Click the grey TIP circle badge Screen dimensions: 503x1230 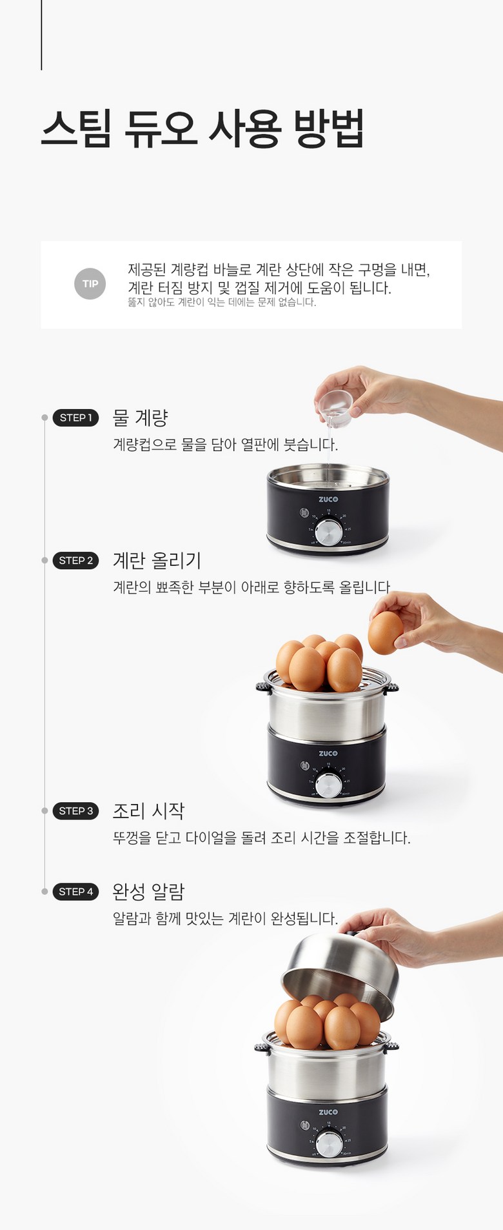point(90,284)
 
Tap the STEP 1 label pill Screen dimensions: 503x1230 point(75,418)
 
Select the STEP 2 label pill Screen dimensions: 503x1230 point(75,560)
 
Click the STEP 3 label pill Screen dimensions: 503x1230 point(75,811)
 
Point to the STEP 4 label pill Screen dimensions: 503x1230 point(75,891)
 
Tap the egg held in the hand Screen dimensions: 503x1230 point(386,632)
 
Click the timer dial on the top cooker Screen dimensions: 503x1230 point(330,532)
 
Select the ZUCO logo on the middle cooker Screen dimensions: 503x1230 point(328,753)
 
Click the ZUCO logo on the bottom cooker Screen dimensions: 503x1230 point(328,1112)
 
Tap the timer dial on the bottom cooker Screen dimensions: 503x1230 point(330,1144)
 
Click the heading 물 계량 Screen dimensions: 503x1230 point(140,418)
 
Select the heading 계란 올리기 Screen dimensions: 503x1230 point(157,560)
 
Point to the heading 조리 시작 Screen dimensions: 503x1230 point(149,811)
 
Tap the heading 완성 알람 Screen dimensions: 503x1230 point(149,891)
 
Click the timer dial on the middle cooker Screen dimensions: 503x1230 point(329,785)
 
